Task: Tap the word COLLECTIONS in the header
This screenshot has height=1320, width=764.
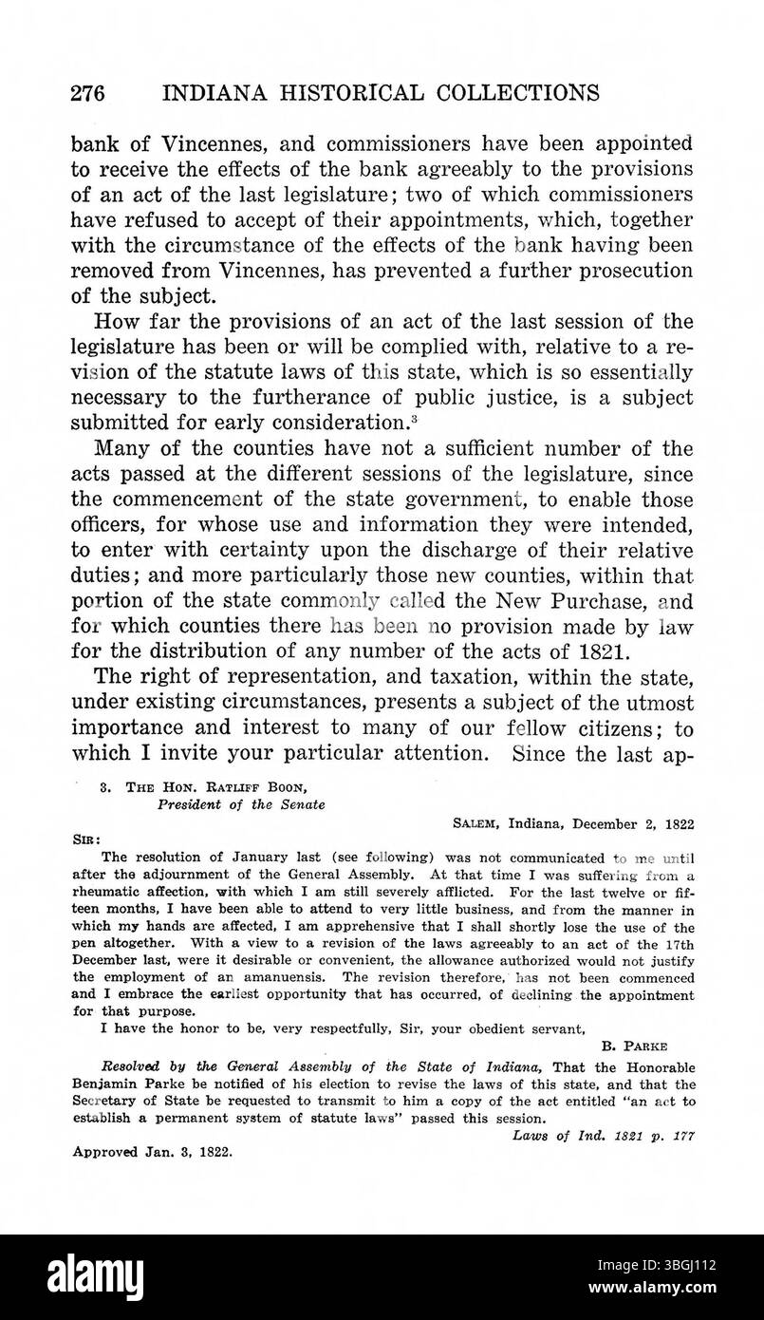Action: tap(511, 93)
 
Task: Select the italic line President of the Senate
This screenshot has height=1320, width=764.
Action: tap(241, 804)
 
